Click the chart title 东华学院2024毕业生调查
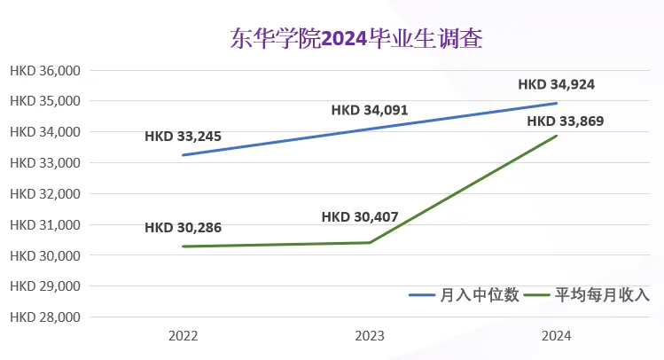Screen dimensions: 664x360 coord(356,39)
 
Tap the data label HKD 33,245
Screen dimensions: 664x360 coord(183,137)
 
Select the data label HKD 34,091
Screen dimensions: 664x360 coord(370,110)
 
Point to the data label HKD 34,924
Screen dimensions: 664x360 coord(557,84)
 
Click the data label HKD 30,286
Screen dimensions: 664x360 coord(183,227)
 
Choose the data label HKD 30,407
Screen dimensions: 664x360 coord(360,217)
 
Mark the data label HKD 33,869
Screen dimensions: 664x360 coord(566,121)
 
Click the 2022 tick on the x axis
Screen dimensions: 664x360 coord(183,336)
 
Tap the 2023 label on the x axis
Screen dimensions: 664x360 coord(370,336)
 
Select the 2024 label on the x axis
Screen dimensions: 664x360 coord(557,336)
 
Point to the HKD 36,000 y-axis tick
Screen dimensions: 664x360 coord(45,71)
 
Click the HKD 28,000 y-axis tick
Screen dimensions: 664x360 coord(45,317)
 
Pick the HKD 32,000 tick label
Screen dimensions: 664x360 coord(45,194)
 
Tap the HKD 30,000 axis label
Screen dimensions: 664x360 coord(45,255)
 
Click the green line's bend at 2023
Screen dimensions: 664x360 coord(370,243)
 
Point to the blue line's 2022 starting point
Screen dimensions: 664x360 coord(183,155)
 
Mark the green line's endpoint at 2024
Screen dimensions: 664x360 coord(557,136)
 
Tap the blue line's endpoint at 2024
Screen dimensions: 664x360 coord(557,103)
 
